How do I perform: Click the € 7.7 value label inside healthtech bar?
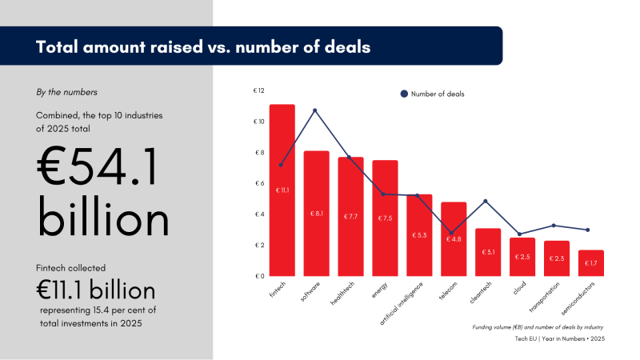[x=350, y=217]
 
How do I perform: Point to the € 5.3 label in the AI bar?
[x=419, y=235]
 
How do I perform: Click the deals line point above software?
[x=315, y=110]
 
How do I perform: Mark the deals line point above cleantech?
[x=486, y=201]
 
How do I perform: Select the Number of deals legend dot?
[x=403, y=94]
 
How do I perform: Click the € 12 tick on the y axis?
[x=258, y=90]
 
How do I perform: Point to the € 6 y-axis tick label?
[x=259, y=183]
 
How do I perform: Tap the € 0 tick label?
[x=259, y=276]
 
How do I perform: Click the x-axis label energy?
[x=379, y=290]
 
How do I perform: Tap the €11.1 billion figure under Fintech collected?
[x=95, y=290]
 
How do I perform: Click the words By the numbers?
[x=67, y=92]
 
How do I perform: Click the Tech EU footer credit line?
[x=559, y=339]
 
